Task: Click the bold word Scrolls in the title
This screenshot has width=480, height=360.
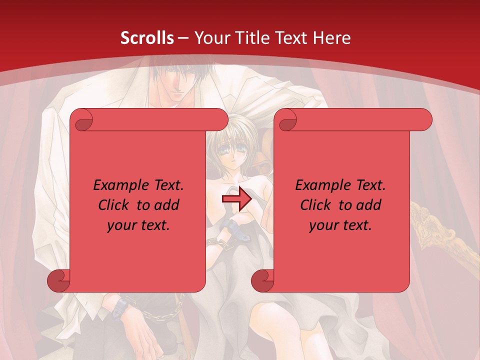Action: point(147,38)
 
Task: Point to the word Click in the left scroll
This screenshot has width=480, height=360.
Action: point(114,205)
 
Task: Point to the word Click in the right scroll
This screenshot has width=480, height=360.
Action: point(316,205)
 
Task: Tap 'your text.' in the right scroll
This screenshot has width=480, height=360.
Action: point(340,225)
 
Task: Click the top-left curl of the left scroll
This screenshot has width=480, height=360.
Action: point(81,119)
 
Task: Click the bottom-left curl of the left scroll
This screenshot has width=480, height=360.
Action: point(58,280)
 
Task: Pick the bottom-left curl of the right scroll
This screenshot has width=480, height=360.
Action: point(262,280)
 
